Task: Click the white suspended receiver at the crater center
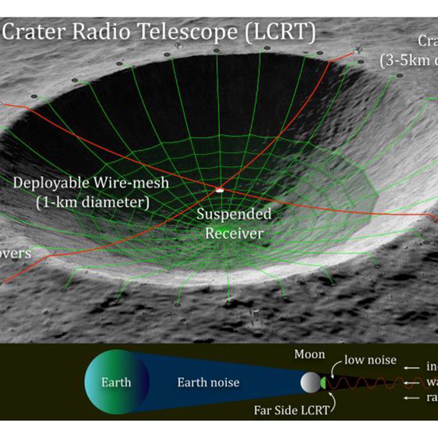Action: coord(219,189)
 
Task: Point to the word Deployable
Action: coord(51,183)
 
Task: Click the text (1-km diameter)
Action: coord(93,202)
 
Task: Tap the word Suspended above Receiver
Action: coord(234,214)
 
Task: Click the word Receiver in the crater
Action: coord(234,233)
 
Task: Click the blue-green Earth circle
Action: coord(116,382)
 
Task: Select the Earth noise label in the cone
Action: coord(208,382)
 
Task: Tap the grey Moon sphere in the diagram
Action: coord(310,382)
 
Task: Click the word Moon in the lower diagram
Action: coord(309,355)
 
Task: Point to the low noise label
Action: coord(370,360)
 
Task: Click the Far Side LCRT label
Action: coord(291,410)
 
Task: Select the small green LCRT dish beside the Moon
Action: coord(323,383)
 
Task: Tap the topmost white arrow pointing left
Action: coord(411,368)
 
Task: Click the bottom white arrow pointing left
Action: coord(411,398)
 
